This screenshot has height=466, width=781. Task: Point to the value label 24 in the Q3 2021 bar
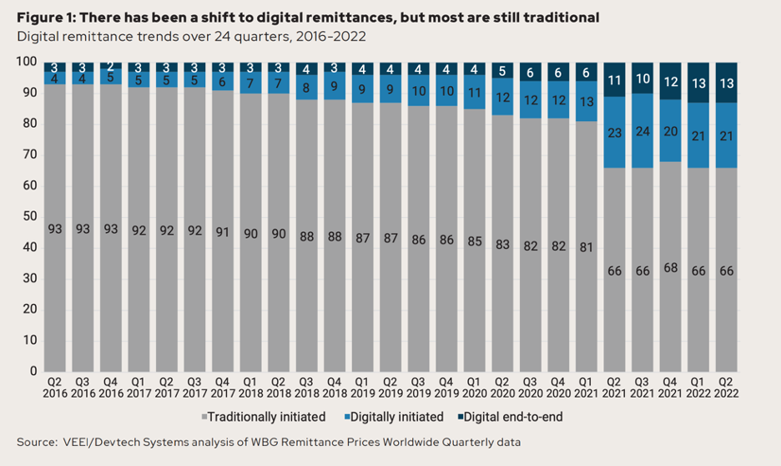pyautogui.click(x=641, y=131)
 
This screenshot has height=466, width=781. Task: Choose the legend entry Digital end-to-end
pyautogui.click(x=516, y=416)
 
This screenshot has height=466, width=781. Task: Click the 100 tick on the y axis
pyautogui.click(x=25, y=62)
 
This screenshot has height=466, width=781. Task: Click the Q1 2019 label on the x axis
pyautogui.click(x=362, y=387)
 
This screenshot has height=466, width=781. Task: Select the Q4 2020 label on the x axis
pyautogui.click(x=557, y=387)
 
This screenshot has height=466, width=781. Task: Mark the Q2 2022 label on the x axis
pyautogui.click(x=726, y=387)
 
